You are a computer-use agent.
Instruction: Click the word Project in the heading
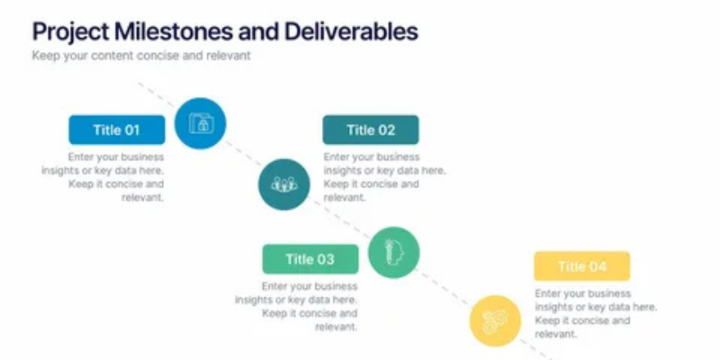click(x=70, y=31)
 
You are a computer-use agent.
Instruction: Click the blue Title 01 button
click(x=117, y=130)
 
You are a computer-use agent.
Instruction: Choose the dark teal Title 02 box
click(x=371, y=130)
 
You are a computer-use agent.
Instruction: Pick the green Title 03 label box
click(x=310, y=259)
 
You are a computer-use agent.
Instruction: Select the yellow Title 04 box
click(x=581, y=266)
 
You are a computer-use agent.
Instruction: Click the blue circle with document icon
click(x=201, y=123)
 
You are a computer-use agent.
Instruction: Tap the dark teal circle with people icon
click(x=284, y=184)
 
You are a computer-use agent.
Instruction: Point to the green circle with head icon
click(x=393, y=252)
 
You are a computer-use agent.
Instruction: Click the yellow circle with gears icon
click(x=495, y=319)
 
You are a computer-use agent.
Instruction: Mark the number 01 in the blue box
click(x=132, y=130)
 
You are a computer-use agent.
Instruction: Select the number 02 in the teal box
click(x=387, y=130)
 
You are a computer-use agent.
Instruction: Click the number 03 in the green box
click(x=326, y=259)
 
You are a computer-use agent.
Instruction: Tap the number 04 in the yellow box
click(x=598, y=266)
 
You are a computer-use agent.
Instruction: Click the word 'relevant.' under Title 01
click(x=143, y=198)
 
